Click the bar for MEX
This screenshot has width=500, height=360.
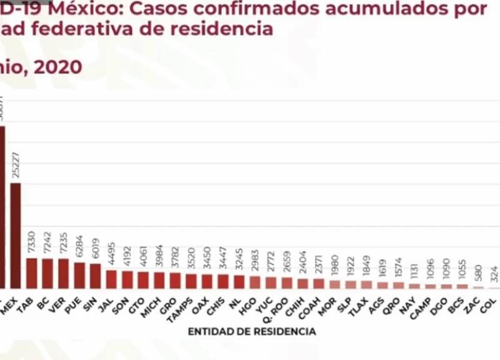16,235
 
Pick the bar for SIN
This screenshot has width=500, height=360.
95,276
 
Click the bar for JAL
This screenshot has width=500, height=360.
111,279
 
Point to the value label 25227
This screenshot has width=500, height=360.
16,166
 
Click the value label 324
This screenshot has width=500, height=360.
494,275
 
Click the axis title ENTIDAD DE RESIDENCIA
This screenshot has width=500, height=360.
251,332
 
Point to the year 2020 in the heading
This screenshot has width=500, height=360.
57,67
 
